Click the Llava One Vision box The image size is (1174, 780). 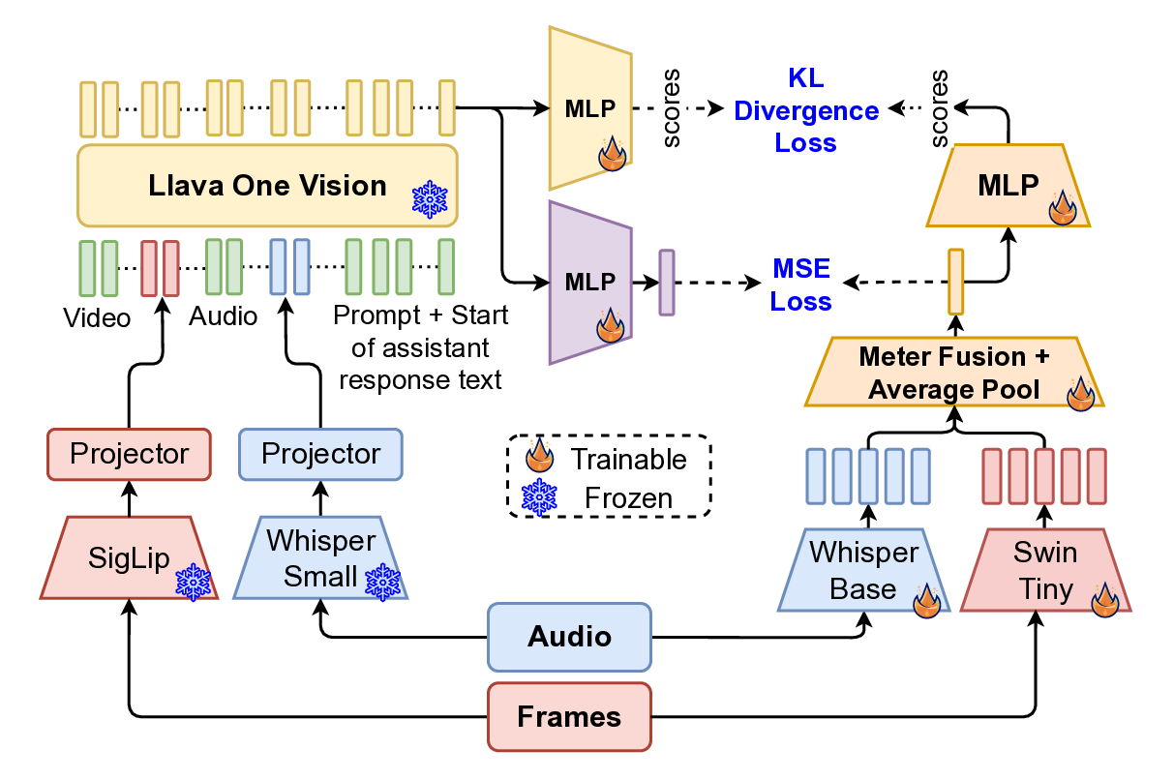tap(266, 186)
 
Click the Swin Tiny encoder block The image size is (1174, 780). tap(1043, 570)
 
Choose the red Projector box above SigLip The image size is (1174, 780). tap(130, 454)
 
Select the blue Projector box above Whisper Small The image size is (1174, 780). tap(320, 454)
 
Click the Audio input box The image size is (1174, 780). tap(568, 637)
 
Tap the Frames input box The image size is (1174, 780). tap(568, 717)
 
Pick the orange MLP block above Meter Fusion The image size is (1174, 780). tap(1008, 186)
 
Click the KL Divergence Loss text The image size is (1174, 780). tap(805, 110)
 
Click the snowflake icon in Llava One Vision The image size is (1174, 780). tap(429, 200)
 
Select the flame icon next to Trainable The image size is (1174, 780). tap(540, 457)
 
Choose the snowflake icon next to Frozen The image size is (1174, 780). tap(540, 497)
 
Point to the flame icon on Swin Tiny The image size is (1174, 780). tap(1106, 600)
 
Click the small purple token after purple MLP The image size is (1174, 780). tap(666, 283)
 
